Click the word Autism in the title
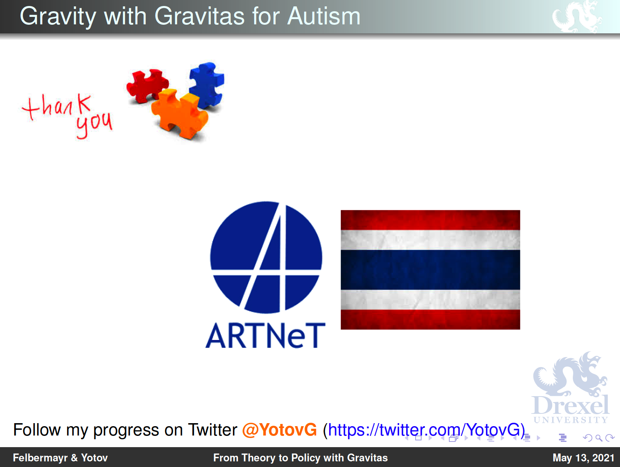(324, 16)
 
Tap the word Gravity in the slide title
(58, 17)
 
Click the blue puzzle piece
(206, 85)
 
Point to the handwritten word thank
(57, 107)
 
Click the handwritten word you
(94, 125)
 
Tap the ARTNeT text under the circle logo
(265, 335)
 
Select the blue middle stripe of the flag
(430, 270)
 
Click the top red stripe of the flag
(430, 220)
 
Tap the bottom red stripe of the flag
(430, 319)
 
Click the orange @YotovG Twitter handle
(279, 430)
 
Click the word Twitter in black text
(212, 430)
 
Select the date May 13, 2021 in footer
(583, 458)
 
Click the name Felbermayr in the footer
(40, 458)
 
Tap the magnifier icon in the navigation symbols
(599, 438)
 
